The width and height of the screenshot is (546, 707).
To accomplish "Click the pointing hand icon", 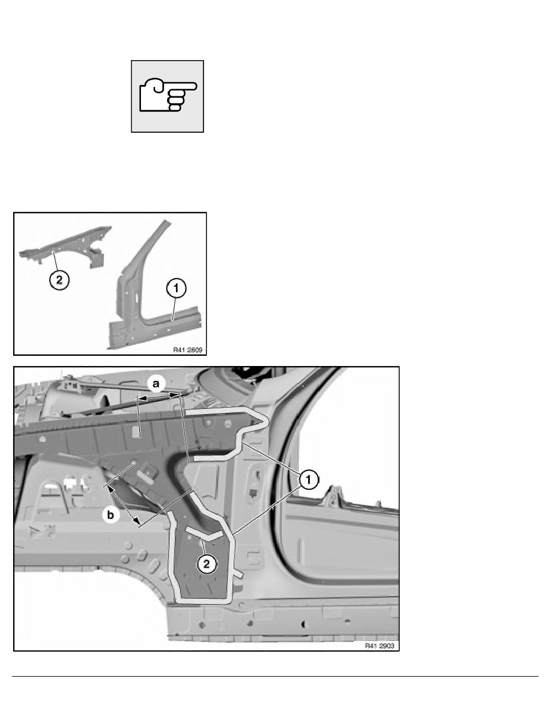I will tap(167, 96).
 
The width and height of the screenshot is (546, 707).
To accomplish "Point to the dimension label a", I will tap(156, 386).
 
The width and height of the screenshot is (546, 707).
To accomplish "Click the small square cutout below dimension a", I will tap(136, 429).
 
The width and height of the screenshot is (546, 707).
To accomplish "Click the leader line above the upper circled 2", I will tap(55, 262).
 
